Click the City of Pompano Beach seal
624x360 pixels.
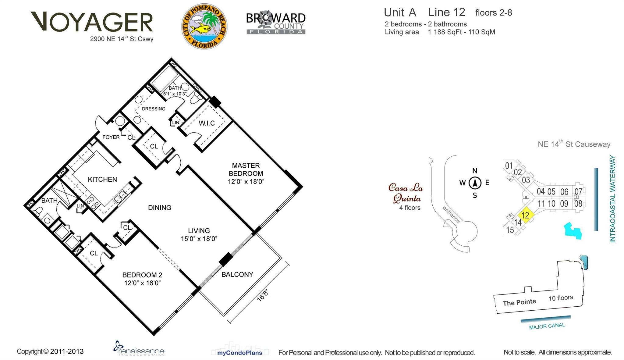(x=204, y=26)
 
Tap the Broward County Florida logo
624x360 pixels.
(x=276, y=23)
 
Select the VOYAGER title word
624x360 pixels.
(x=92, y=22)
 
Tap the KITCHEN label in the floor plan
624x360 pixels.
(x=102, y=179)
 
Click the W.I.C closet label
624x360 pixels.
(x=207, y=123)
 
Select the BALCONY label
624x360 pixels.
(x=237, y=274)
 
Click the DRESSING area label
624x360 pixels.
(x=154, y=109)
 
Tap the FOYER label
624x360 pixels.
(x=111, y=137)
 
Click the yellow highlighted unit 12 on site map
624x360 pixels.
(x=526, y=215)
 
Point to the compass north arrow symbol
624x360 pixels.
(x=475, y=183)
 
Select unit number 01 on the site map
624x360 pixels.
(x=509, y=166)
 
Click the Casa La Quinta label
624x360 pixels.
(x=406, y=193)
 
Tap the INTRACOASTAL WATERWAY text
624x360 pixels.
(x=612, y=199)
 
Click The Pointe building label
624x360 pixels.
(x=519, y=302)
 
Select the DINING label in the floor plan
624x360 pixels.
(x=160, y=208)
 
